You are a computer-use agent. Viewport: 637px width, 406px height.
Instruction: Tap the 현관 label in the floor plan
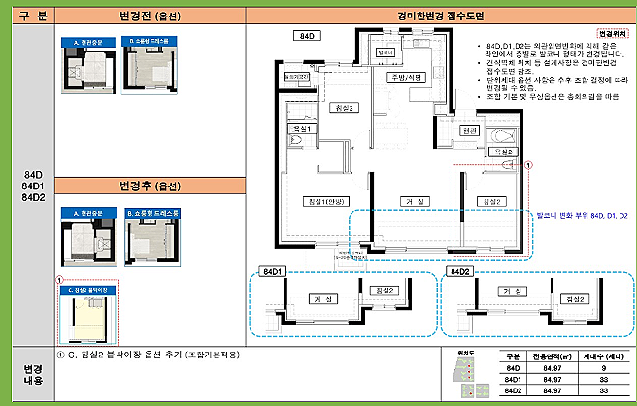(470, 130)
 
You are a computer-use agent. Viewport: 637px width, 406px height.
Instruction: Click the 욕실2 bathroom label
(501, 152)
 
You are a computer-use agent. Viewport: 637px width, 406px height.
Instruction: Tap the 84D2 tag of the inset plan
(459, 271)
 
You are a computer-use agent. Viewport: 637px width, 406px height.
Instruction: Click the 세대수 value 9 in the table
(603, 369)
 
